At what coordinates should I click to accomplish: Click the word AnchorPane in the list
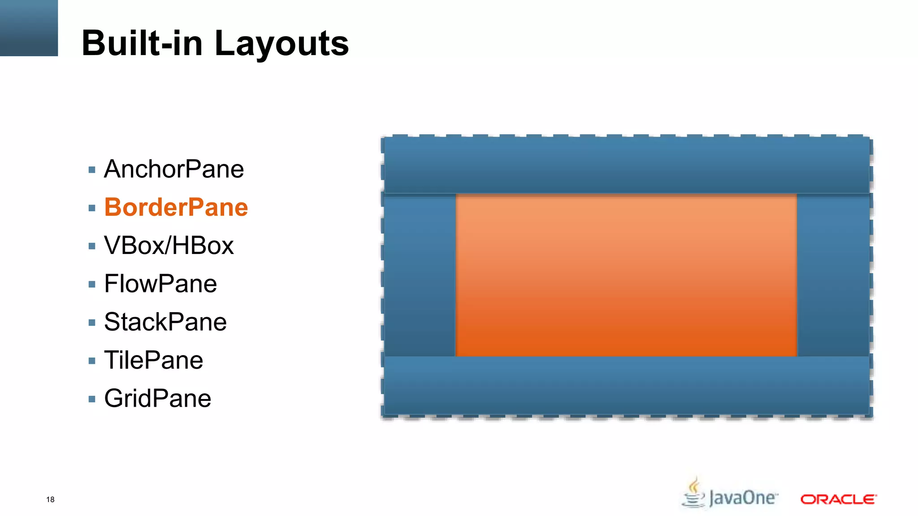pyautogui.click(x=174, y=169)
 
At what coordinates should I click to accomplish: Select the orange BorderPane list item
pyautogui.click(x=176, y=207)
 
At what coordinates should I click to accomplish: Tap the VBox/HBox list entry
pyautogui.click(x=169, y=245)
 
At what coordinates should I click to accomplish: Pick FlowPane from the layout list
pyautogui.click(x=160, y=284)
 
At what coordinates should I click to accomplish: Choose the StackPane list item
pyautogui.click(x=165, y=322)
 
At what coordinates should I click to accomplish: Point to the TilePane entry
pyautogui.click(x=154, y=360)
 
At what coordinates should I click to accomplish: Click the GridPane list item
pyautogui.click(x=158, y=399)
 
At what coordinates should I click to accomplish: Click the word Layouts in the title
pyautogui.click(x=281, y=43)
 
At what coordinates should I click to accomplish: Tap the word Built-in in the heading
pyautogui.click(x=142, y=43)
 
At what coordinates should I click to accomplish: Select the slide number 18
pyautogui.click(x=50, y=499)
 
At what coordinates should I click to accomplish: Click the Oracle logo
pyautogui.click(x=838, y=499)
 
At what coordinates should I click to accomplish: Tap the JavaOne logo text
pyautogui.click(x=743, y=498)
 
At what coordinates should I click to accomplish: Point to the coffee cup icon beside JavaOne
pyautogui.click(x=694, y=493)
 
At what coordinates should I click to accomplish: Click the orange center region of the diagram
pyautogui.click(x=626, y=275)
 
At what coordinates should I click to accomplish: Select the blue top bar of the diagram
pyautogui.click(x=627, y=165)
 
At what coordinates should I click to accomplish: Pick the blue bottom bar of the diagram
pyautogui.click(x=627, y=386)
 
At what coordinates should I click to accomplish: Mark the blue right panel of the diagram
pyautogui.click(x=833, y=275)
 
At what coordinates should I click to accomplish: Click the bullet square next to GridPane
pyautogui.click(x=92, y=399)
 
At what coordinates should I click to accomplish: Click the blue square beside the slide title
pyautogui.click(x=29, y=28)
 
